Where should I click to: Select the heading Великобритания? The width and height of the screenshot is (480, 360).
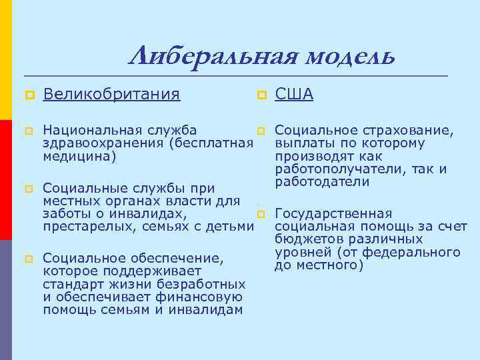tap(111, 95)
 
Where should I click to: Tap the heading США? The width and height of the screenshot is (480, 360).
tap(294, 95)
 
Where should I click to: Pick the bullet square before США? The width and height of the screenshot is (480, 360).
tap(261, 95)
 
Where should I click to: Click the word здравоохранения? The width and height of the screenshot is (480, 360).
tap(104, 143)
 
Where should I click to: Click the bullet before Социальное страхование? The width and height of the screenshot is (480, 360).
tap(261, 130)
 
